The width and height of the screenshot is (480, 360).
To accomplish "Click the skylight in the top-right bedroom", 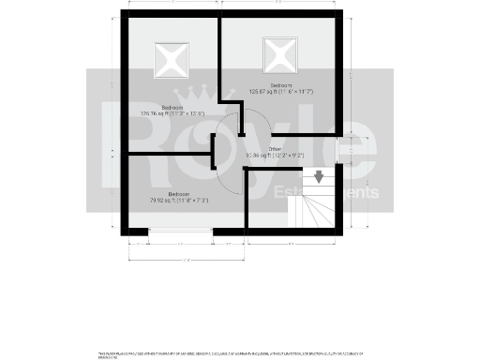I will coord(279,54).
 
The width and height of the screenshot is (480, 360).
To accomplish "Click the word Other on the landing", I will coord(275,149).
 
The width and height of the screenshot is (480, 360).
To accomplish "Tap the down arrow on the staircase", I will coord(320,176).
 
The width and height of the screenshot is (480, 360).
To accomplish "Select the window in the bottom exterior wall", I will coord(180,230).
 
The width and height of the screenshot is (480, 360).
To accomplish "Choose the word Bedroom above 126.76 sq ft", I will coord(172,108).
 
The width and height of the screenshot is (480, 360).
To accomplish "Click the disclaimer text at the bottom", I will coord(230,354).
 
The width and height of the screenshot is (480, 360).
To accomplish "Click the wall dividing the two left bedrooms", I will coord(169,151).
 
